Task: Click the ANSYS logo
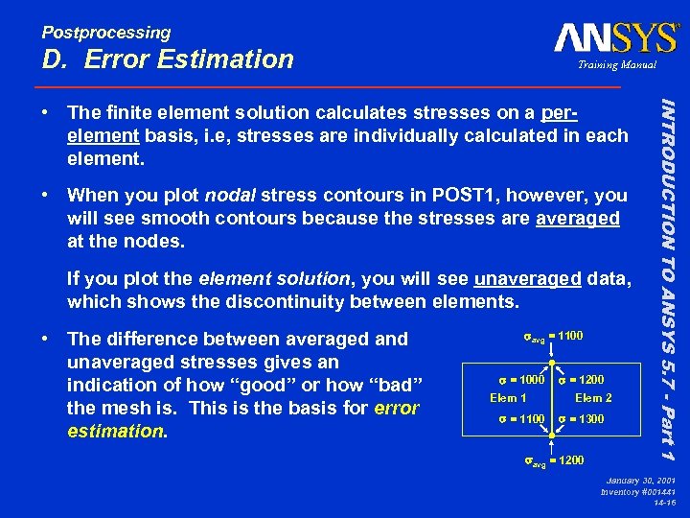click(615, 38)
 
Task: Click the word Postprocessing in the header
click(105, 33)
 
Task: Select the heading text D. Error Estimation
click(168, 59)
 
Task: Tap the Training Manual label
click(616, 65)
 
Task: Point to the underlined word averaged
click(577, 219)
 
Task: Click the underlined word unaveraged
click(527, 279)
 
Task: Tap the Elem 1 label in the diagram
click(508, 398)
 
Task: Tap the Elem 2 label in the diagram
click(593, 398)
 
